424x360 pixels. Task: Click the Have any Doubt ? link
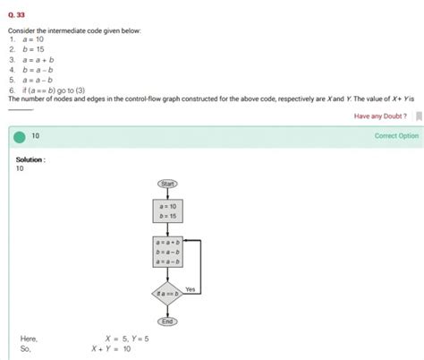(x=380, y=116)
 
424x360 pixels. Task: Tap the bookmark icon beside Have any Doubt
(x=417, y=116)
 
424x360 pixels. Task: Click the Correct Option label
(x=395, y=136)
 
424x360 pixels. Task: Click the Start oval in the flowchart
(x=167, y=184)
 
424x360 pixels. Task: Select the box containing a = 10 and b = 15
(x=167, y=210)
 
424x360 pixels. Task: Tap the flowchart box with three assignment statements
(x=167, y=253)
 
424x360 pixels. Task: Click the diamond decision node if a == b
(x=167, y=293)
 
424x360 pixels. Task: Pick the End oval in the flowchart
(x=167, y=321)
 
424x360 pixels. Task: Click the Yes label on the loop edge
(x=190, y=289)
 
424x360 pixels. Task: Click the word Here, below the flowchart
(x=29, y=339)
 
